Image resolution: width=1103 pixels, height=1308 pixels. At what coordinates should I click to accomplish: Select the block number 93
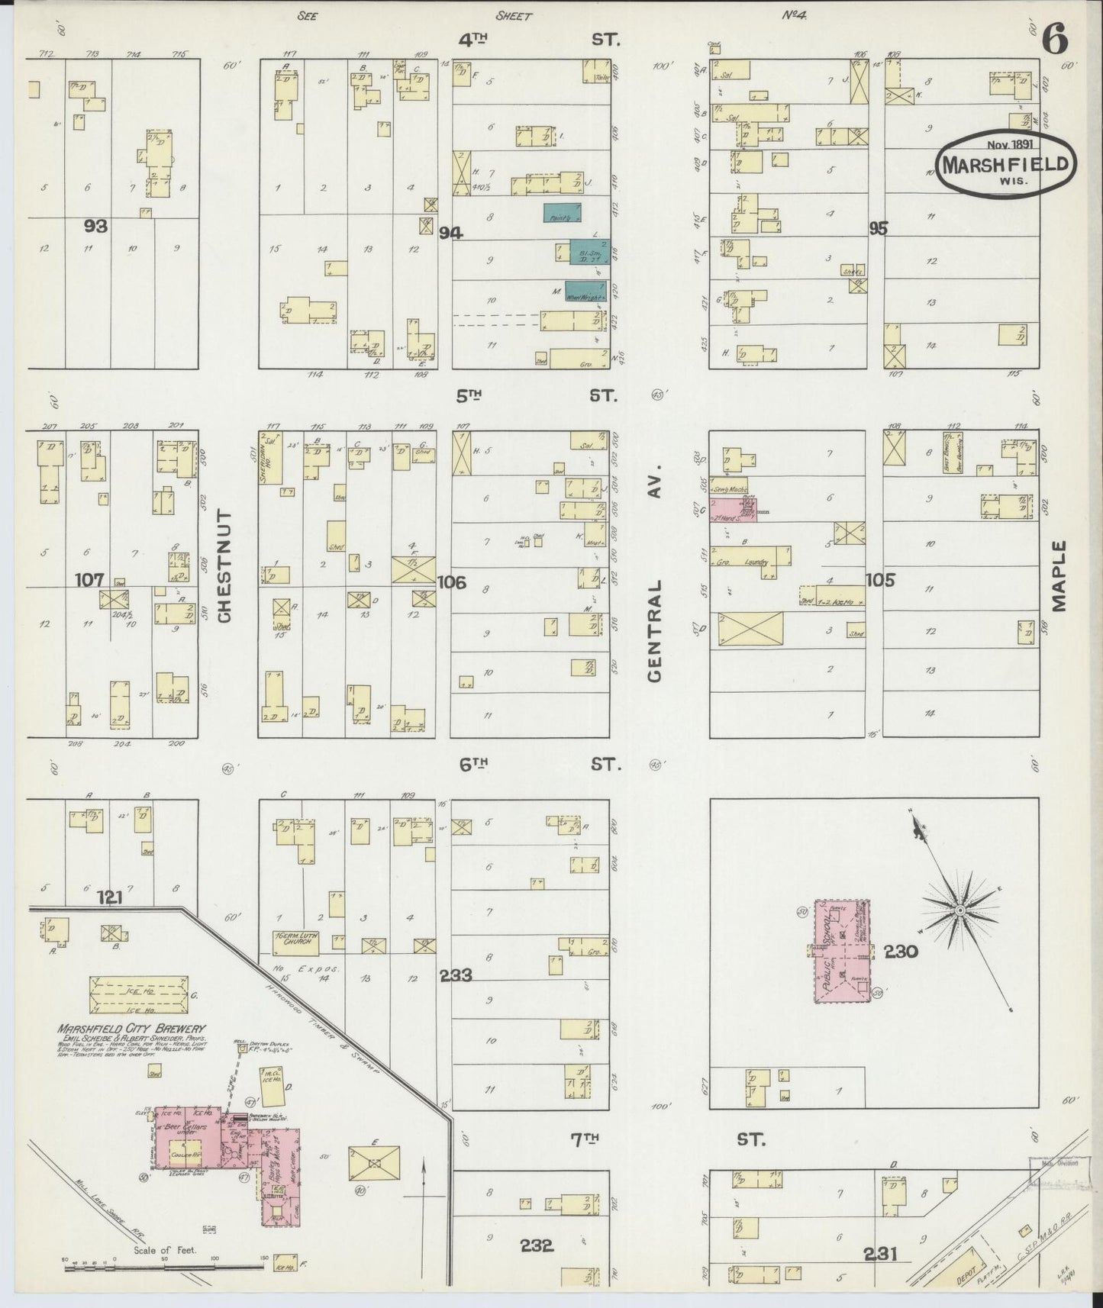pyautogui.click(x=96, y=227)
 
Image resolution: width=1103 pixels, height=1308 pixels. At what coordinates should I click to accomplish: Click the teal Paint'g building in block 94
pyautogui.click(x=563, y=213)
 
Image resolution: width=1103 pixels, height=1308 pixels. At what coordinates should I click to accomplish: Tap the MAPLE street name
pyautogui.click(x=1058, y=576)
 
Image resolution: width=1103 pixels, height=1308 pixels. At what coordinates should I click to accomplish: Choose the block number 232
pyautogui.click(x=537, y=1245)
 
